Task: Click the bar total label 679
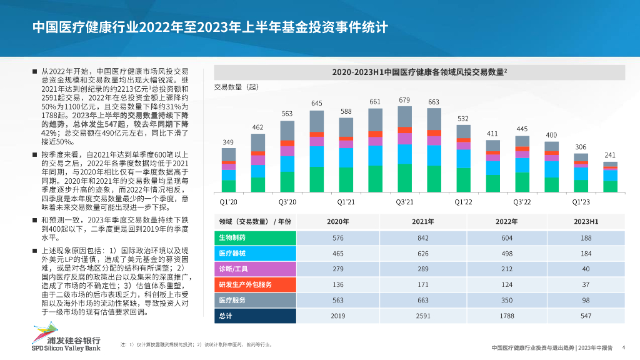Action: [x=404, y=100]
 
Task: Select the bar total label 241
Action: [x=610, y=155]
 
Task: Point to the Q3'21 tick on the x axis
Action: [x=404, y=202]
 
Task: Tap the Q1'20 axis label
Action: [x=229, y=202]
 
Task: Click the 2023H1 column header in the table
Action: [x=586, y=222]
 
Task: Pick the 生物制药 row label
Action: [x=232, y=238]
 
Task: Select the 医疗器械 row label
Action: [x=232, y=254]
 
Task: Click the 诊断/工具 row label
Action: [x=233, y=269]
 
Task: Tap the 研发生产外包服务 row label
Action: [x=245, y=285]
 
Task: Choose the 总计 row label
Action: [x=226, y=316]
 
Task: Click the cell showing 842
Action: [x=422, y=238]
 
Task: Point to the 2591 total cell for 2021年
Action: [x=422, y=316]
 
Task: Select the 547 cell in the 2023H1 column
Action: [x=586, y=316]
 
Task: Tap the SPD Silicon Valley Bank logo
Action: [x=66, y=339]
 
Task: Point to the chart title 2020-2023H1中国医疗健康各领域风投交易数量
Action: [x=419, y=72]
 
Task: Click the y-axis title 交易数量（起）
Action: [x=236, y=87]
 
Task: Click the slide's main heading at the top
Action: [x=210, y=27]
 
